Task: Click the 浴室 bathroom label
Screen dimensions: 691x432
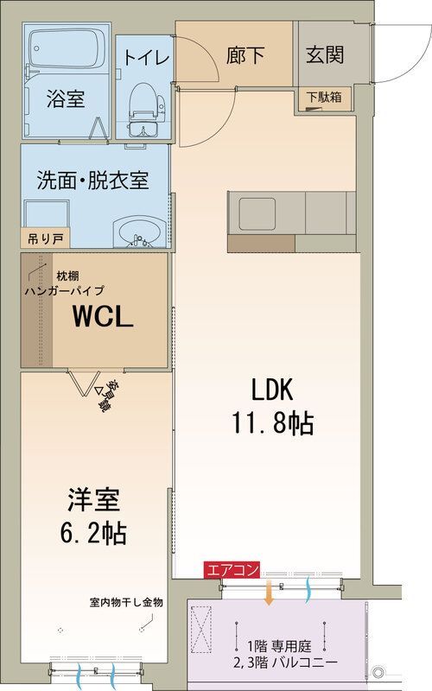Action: coord(65,99)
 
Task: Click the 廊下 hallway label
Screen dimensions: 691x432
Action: coord(246,56)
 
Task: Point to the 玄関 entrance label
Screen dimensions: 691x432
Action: coord(325,54)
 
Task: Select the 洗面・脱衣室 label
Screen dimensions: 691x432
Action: coord(92,181)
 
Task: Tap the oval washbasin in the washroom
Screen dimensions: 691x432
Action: coord(136,231)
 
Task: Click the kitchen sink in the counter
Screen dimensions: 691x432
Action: coord(257,212)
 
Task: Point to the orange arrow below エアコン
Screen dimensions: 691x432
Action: coord(268,593)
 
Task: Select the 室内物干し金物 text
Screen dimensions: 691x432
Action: coord(125,602)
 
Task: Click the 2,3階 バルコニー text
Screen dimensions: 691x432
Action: coord(285,662)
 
